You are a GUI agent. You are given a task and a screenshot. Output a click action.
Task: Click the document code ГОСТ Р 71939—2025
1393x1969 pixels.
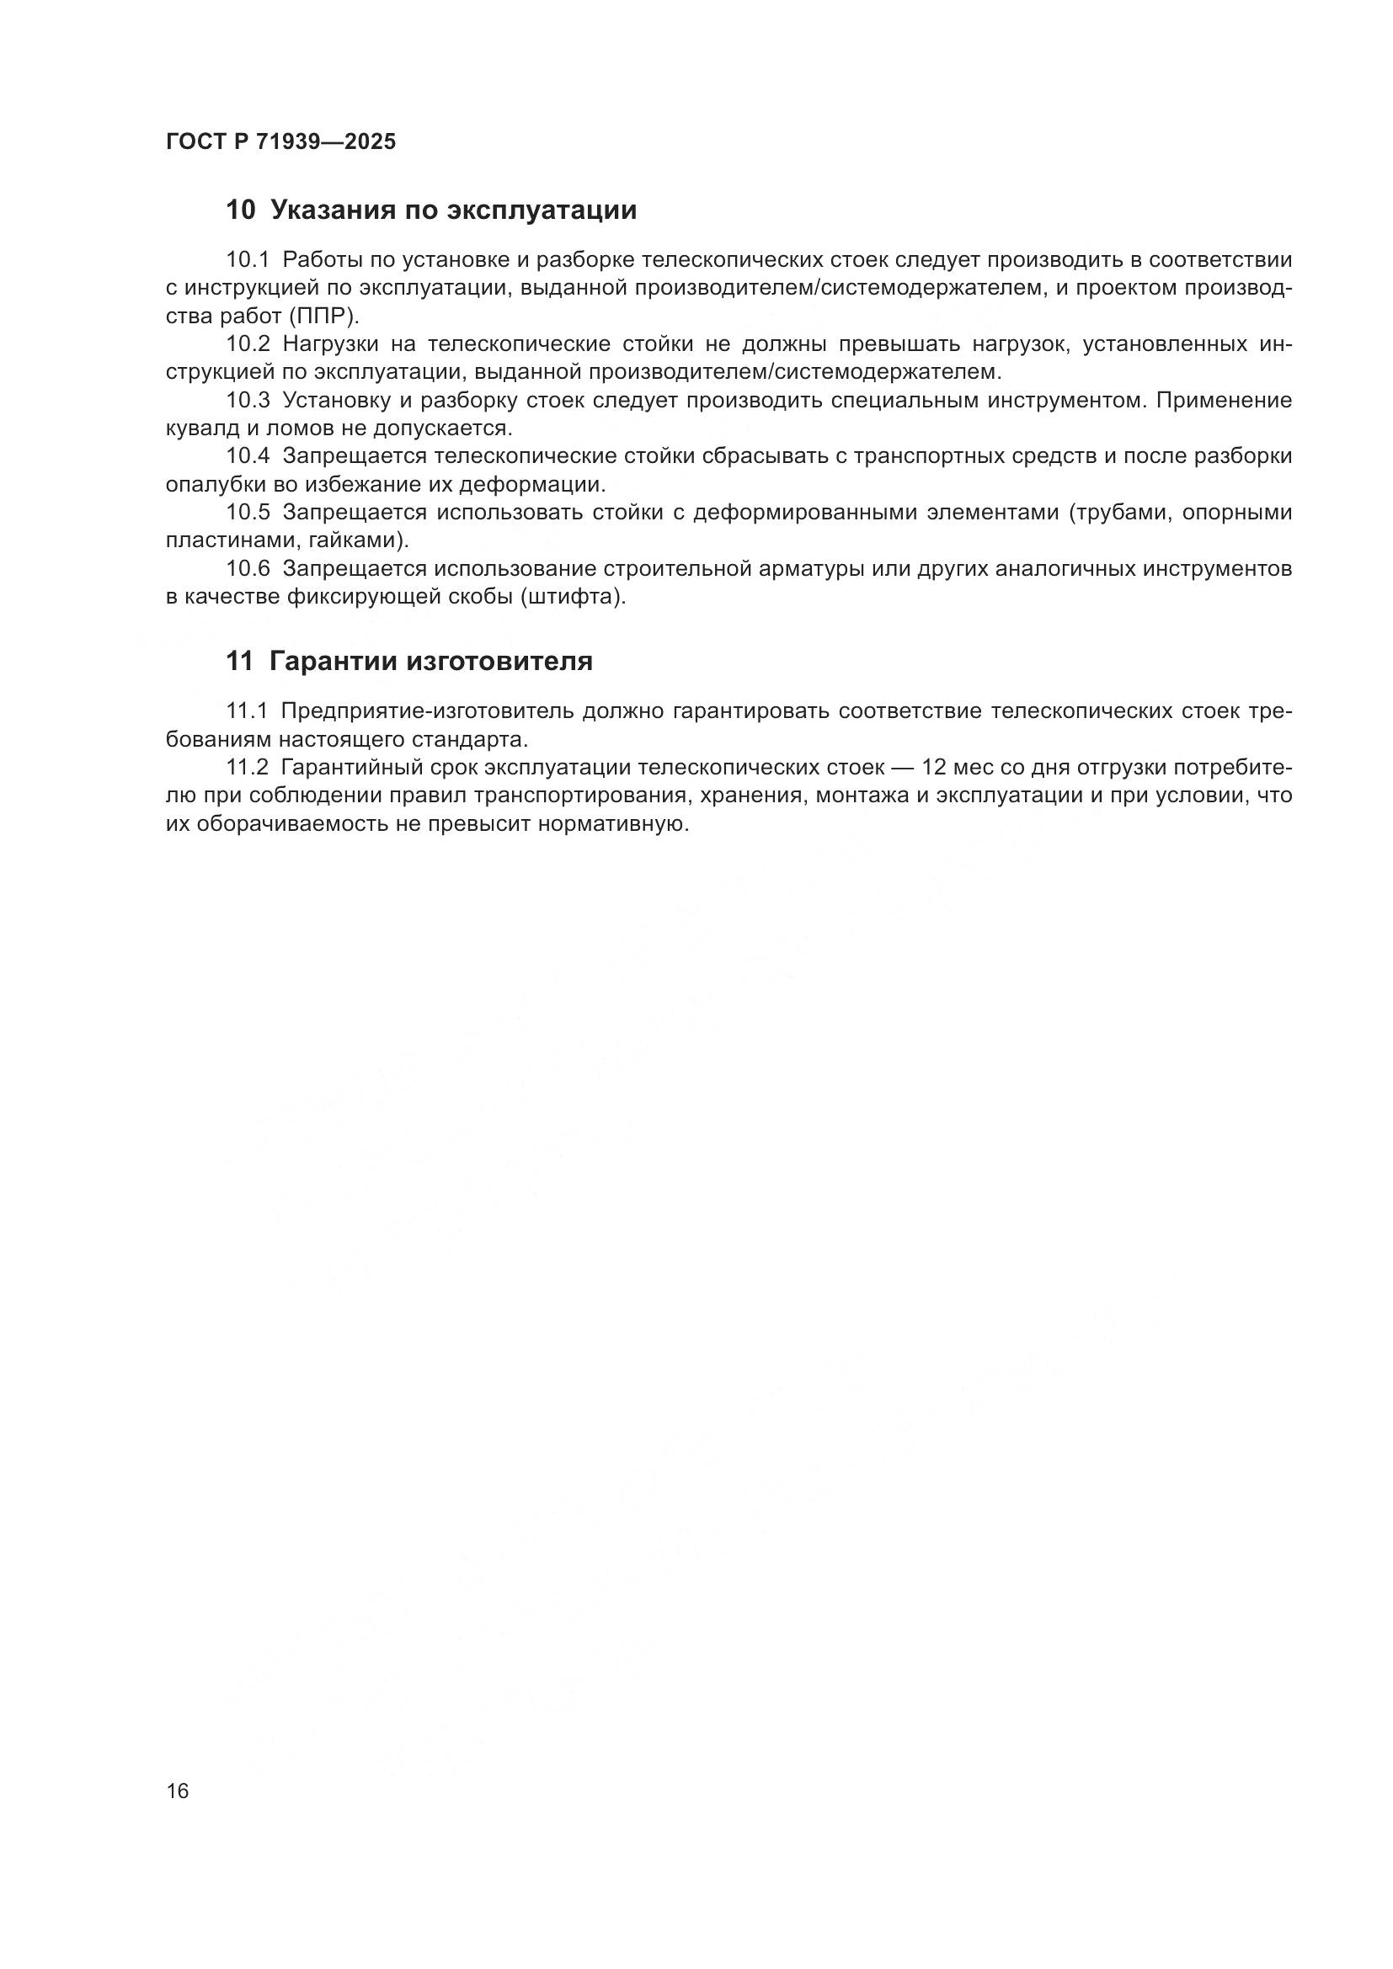[280, 141]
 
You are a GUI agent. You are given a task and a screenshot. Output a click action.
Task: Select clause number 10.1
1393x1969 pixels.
[248, 260]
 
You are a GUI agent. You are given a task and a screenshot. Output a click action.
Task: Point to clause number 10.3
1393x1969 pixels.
[248, 401]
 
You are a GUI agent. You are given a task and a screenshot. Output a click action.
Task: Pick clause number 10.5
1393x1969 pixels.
[248, 513]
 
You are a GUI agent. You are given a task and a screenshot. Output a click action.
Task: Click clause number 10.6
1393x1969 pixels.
[248, 568]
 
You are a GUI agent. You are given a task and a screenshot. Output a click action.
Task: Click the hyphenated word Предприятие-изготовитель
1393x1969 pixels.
[426, 712]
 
